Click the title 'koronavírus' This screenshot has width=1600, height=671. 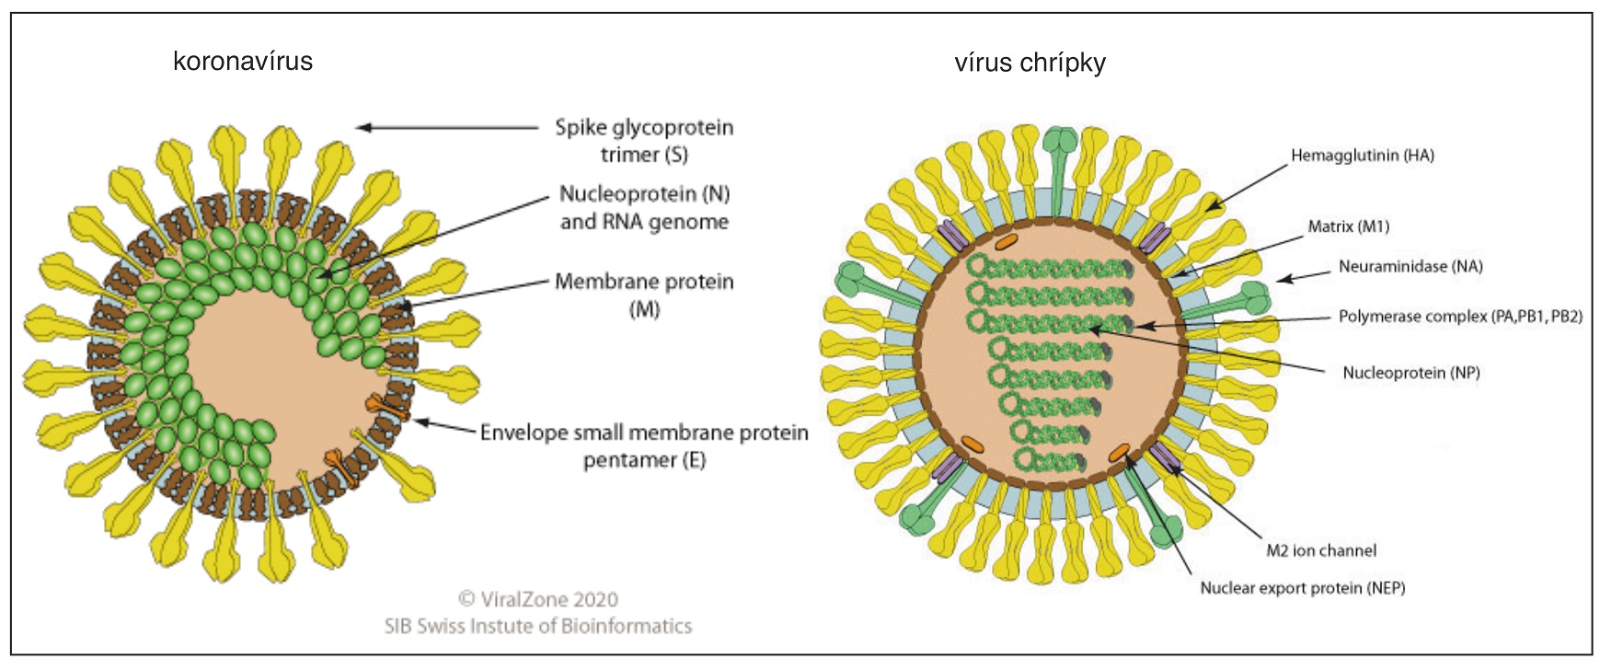pyautogui.click(x=243, y=62)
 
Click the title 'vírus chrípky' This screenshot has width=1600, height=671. pyautogui.click(x=1030, y=63)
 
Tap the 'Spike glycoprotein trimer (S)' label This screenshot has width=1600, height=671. pyautogui.click(x=644, y=141)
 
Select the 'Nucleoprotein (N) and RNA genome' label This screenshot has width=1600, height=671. pyautogui.click(x=644, y=208)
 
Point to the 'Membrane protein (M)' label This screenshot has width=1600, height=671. pyautogui.click(x=644, y=295)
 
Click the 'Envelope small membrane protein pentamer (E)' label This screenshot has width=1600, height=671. pyautogui.click(x=644, y=445)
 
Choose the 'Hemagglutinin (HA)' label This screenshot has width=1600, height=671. pyautogui.click(x=1362, y=156)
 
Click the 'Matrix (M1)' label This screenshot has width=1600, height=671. pyautogui.click(x=1348, y=226)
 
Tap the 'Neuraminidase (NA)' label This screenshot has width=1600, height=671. pyautogui.click(x=1410, y=267)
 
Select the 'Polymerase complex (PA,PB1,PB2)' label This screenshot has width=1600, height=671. pyautogui.click(x=1460, y=317)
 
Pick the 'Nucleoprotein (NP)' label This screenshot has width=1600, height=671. pyautogui.click(x=1410, y=373)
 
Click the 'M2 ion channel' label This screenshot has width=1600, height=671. pyautogui.click(x=1321, y=550)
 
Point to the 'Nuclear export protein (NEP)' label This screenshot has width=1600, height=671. pyautogui.click(x=1302, y=587)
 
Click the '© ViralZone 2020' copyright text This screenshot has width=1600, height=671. pyautogui.click(x=538, y=599)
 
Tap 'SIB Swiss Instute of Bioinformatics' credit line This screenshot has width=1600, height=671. pyautogui.click(x=538, y=626)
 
